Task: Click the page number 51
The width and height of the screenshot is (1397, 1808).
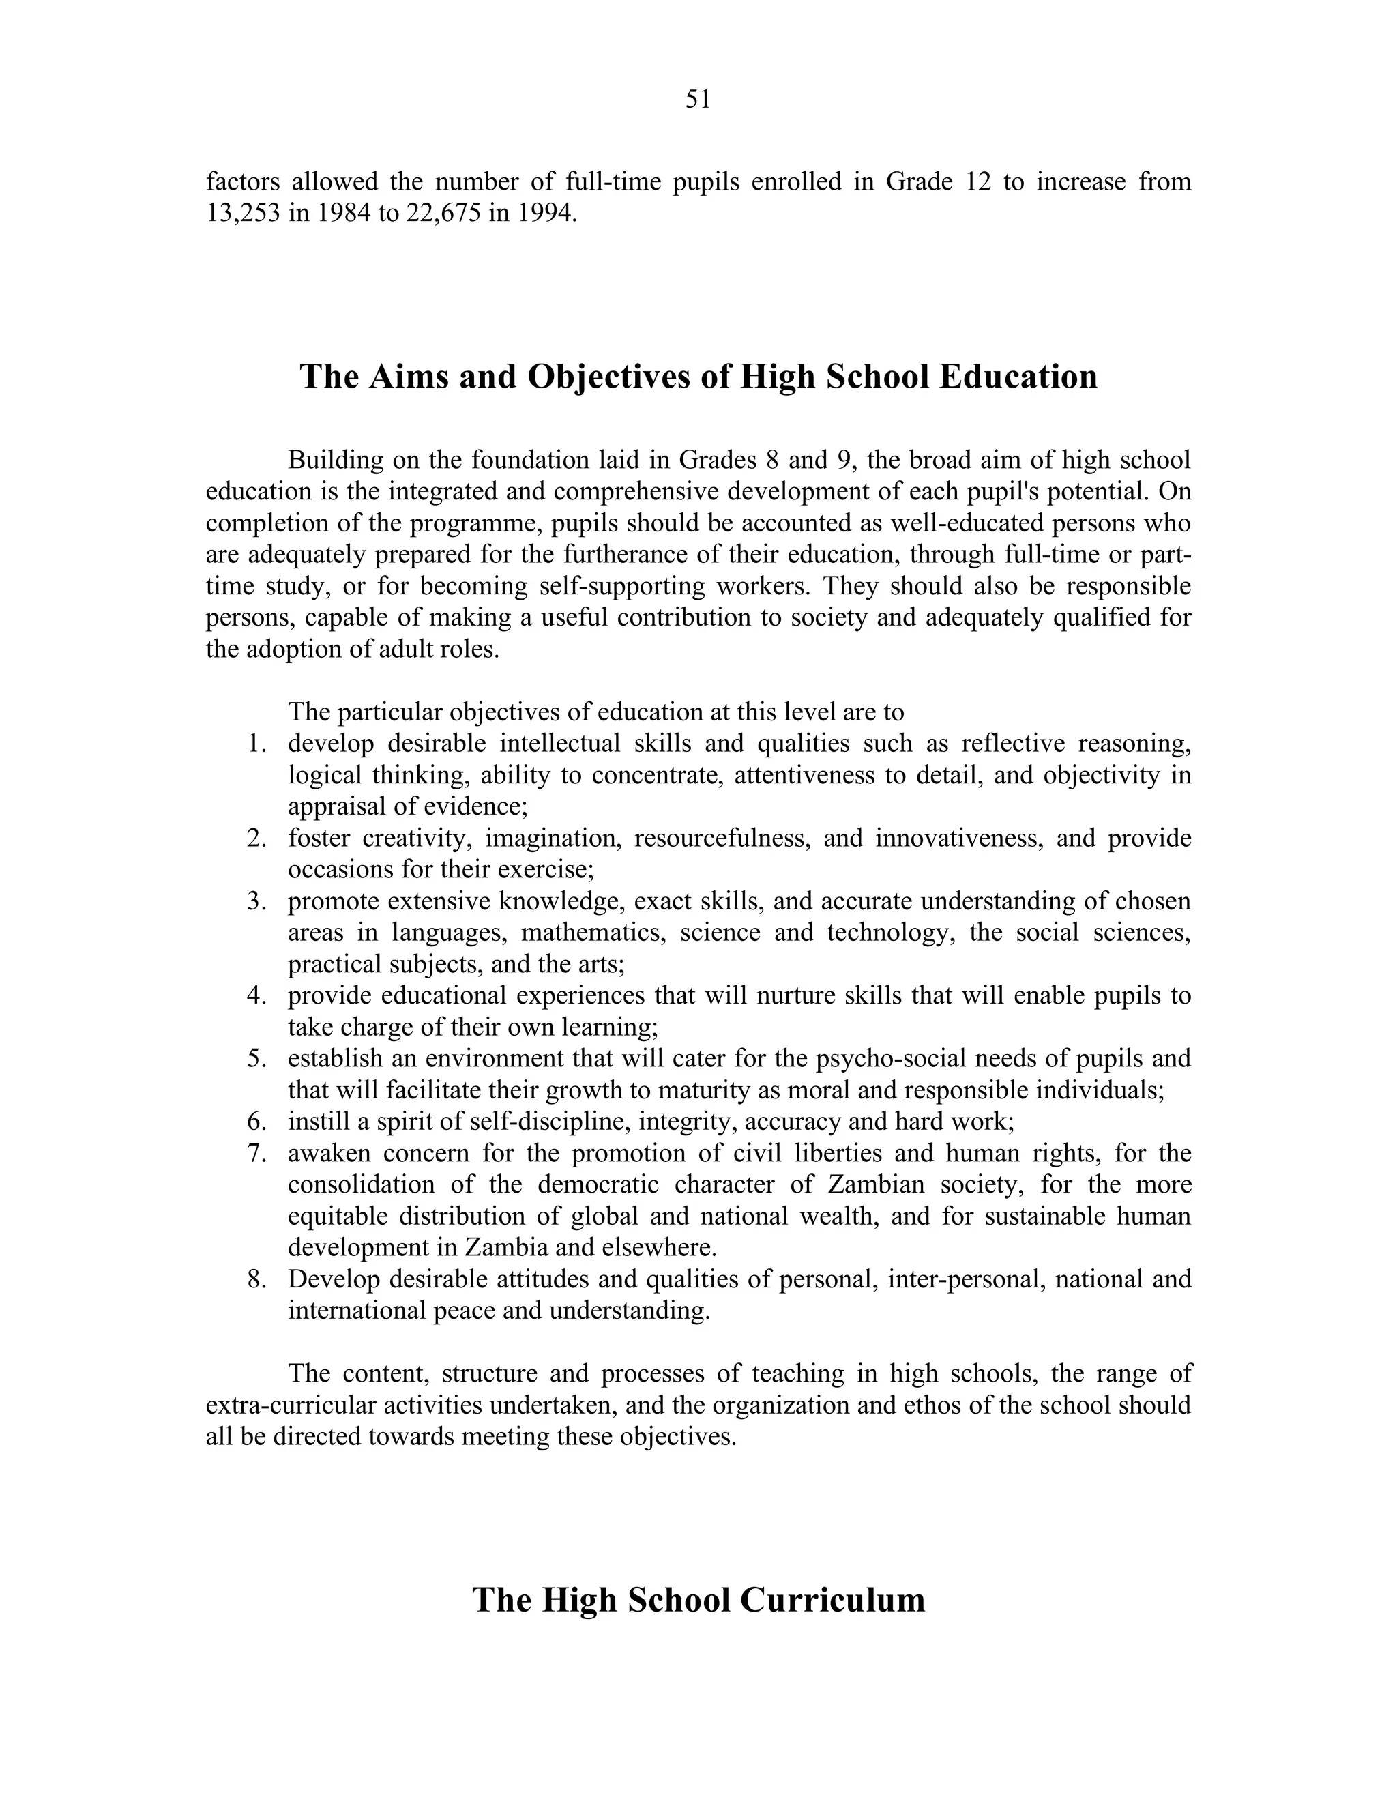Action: (698, 100)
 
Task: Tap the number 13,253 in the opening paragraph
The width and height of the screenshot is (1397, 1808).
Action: (242, 213)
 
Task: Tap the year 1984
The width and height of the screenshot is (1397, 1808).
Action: (345, 213)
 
